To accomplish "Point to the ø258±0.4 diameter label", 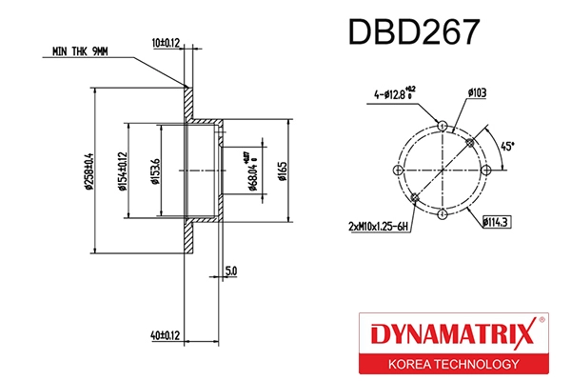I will tap(88, 171).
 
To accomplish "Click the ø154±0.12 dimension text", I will tap(122, 171).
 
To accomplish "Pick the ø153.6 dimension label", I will tap(155, 171).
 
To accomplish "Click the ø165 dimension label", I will tap(283, 171).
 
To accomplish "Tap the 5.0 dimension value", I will tap(231, 271).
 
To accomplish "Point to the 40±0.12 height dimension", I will tap(166, 334).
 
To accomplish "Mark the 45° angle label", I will tap(508, 148).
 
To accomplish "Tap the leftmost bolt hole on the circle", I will tap(399, 170).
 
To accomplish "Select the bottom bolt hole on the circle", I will tap(443, 214).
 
